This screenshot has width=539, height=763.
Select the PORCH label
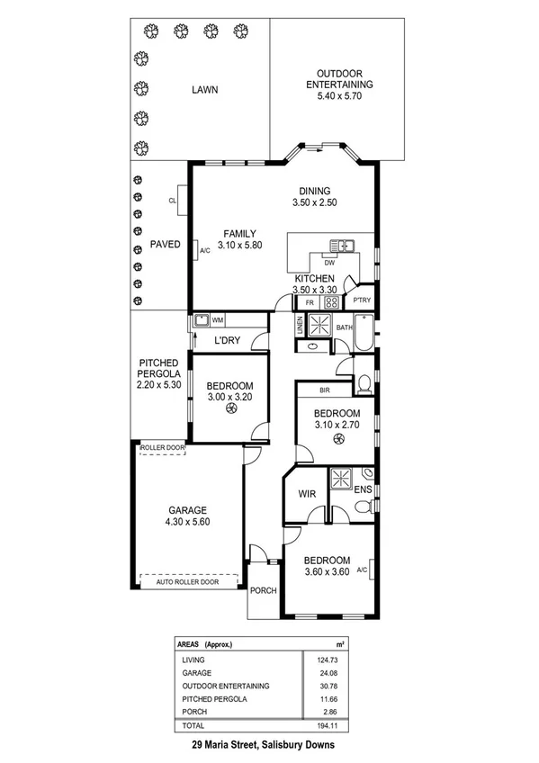[263, 591]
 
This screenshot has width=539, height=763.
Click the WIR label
[303, 494]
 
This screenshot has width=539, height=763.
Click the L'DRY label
[226, 341]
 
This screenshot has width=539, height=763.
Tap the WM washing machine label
[218, 319]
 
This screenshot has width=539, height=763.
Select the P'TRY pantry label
[362, 300]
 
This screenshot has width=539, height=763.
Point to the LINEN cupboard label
[300, 328]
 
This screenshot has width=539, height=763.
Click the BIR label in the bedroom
[327, 389]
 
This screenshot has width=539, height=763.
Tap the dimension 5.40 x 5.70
[338, 95]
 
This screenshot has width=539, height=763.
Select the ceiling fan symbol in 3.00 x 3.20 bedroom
[231, 409]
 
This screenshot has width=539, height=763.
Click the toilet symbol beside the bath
[364, 385]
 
